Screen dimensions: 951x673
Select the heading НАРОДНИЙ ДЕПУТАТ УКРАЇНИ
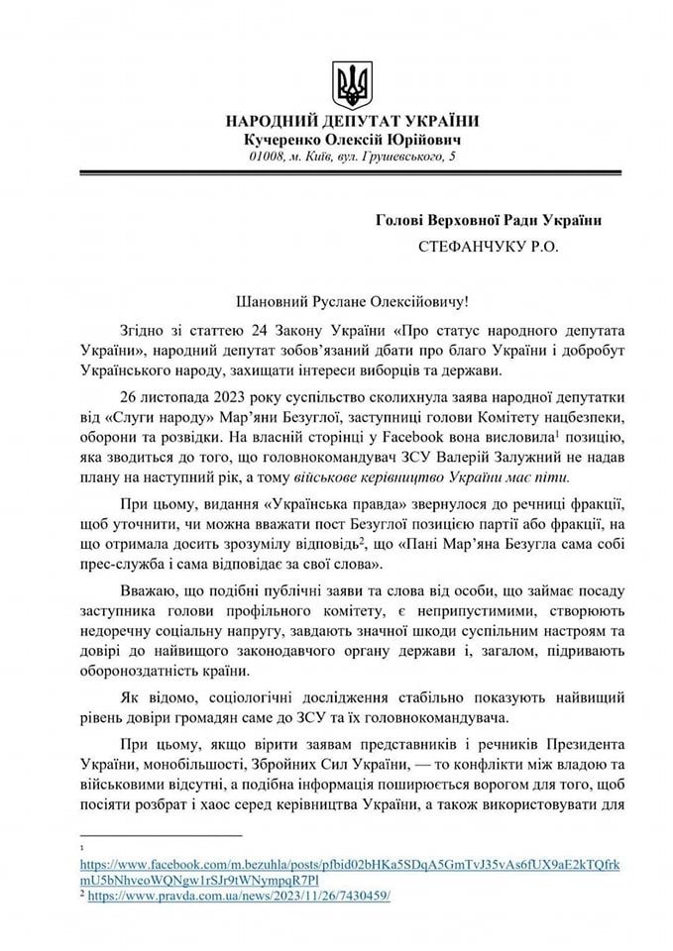tap(352, 122)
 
